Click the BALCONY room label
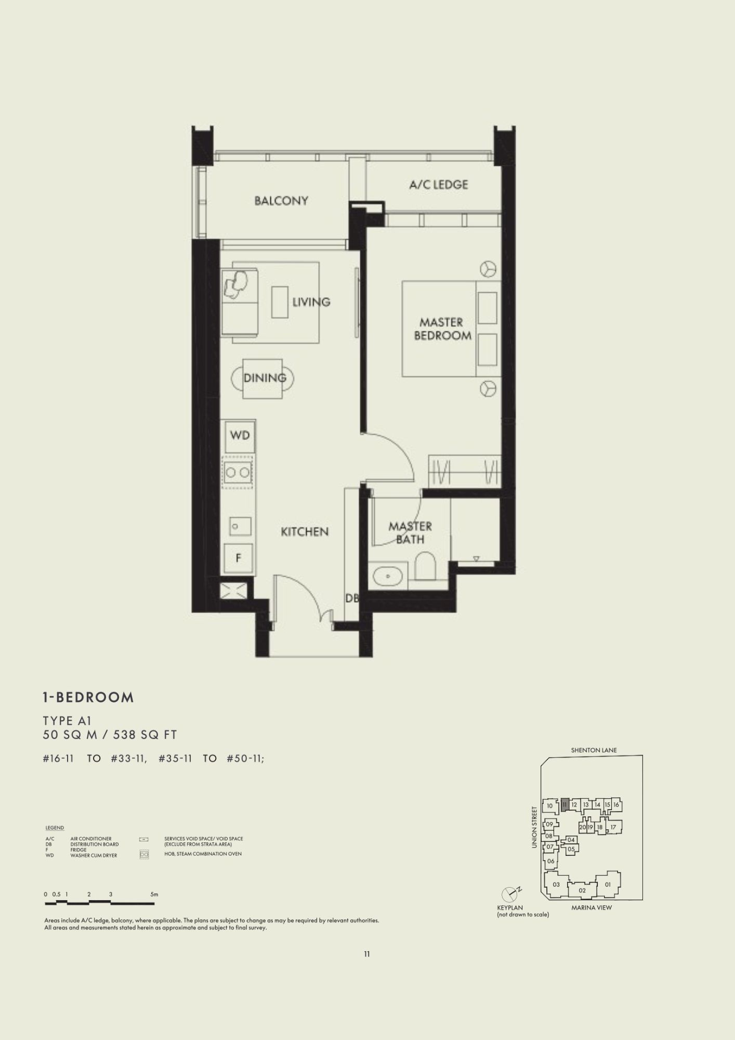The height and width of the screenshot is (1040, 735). (281, 201)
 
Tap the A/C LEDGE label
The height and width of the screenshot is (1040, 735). (439, 185)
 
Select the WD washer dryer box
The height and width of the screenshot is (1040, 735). (240, 435)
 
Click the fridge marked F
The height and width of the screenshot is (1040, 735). (238, 558)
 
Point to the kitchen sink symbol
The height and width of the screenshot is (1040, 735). (241, 527)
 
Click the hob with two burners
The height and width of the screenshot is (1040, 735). (239, 472)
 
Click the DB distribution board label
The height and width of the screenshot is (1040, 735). (352, 599)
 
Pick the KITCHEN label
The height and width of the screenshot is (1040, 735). (305, 531)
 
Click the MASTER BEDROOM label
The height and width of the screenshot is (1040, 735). (442, 329)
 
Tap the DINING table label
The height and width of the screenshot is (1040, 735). (265, 378)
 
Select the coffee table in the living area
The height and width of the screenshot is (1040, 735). (280, 302)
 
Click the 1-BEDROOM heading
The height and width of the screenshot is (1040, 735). (88, 697)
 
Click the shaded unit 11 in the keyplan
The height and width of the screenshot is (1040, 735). (565, 804)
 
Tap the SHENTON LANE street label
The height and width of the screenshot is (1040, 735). (594, 750)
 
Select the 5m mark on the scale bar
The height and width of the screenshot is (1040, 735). (154, 894)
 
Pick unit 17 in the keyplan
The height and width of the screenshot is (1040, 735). (613, 827)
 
